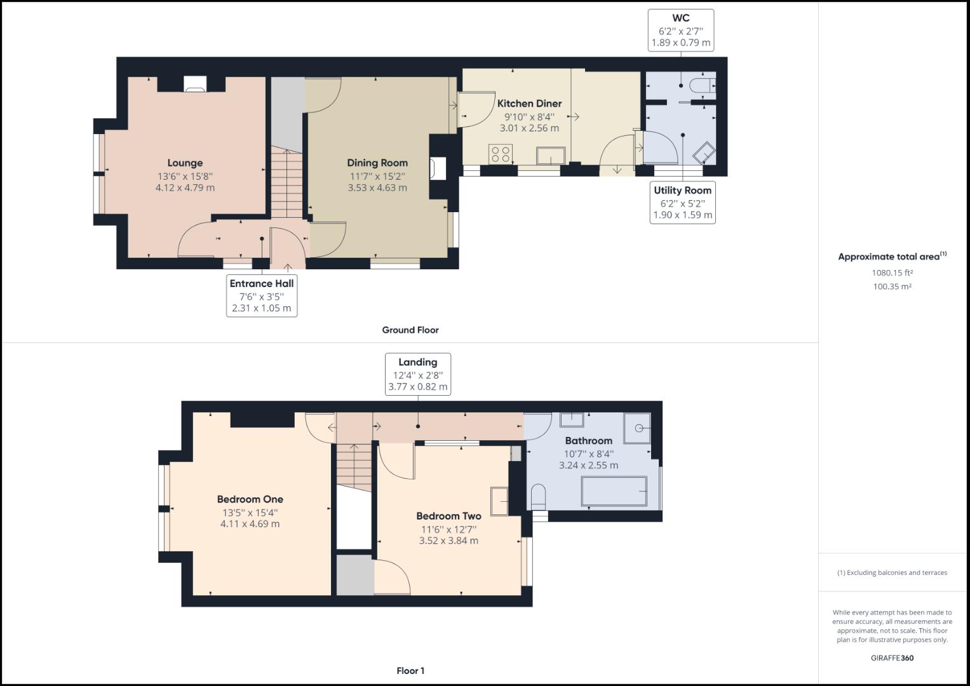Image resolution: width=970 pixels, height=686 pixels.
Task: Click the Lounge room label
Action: point(185,163)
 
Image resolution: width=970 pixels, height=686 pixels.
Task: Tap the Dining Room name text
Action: point(377,163)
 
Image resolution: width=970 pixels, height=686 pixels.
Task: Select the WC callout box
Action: point(680,30)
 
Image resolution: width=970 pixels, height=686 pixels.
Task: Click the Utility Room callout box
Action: point(682,203)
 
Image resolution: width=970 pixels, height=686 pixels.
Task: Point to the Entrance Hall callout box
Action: point(262,295)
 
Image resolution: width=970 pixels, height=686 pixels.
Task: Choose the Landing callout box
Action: point(417,374)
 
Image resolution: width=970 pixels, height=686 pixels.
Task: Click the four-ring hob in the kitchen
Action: point(501,154)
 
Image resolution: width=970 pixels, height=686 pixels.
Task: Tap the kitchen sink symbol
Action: point(550,156)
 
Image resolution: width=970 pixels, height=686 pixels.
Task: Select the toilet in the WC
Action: point(704,86)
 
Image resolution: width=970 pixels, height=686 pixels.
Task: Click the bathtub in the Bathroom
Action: point(614,492)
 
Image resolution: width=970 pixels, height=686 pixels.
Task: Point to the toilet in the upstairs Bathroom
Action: point(537,495)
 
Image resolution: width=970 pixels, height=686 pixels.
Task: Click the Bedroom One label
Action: point(250,499)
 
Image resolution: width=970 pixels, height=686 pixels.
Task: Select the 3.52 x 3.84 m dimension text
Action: point(448,541)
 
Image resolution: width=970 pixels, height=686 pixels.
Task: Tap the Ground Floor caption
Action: point(410,330)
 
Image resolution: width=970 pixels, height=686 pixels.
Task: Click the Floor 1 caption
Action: point(410,671)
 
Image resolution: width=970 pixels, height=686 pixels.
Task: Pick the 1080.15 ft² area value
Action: point(892,273)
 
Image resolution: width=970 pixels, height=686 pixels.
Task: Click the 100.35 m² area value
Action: point(892,286)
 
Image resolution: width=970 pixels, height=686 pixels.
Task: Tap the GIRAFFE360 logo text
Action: point(892,658)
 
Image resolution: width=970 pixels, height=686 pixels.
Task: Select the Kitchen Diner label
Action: point(529,104)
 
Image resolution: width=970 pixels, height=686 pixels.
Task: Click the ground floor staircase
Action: point(287,184)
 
